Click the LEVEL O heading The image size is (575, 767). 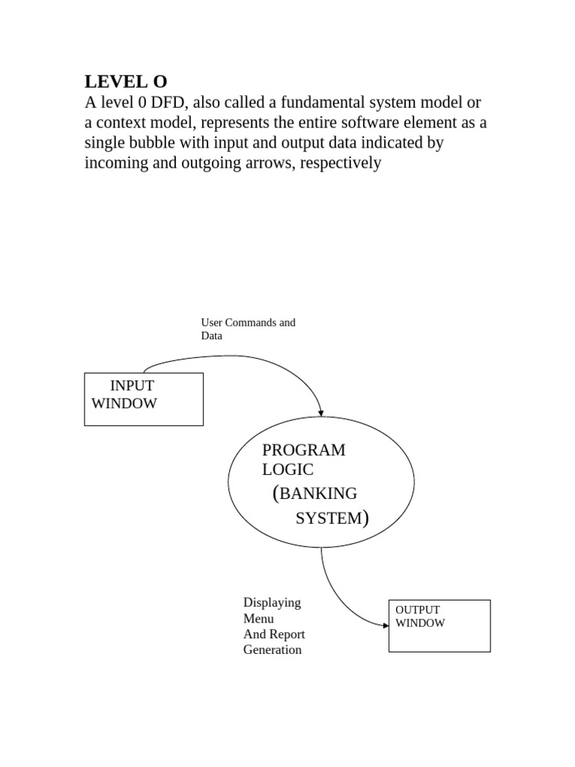coord(126,82)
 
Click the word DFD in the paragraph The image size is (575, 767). coord(166,103)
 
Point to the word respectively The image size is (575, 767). coord(341,163)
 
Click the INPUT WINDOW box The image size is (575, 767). coord(143,399)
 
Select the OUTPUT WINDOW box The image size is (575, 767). coord(439,625)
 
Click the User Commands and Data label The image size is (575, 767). coord(248,329)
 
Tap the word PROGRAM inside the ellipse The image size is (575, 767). coord(303,450)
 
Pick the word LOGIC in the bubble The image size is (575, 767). coord(287,470)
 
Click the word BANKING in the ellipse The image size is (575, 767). coord(318,494)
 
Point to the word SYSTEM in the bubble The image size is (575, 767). coord(328,518)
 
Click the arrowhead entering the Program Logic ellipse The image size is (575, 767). coord(321,412)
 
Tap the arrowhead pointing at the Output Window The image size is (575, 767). coord(384,623)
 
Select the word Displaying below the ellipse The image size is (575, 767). coord(272,602)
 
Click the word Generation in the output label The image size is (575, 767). coord(273,650)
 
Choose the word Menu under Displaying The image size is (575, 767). coord(258,619)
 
